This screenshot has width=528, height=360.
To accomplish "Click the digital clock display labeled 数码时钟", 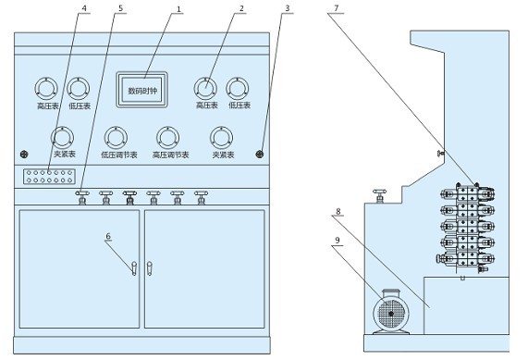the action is coord(141,90).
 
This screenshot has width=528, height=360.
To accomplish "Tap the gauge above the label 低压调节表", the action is coord(116,138).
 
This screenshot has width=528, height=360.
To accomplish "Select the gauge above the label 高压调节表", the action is coord(167,138).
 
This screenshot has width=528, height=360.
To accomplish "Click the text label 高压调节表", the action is coord(171,155).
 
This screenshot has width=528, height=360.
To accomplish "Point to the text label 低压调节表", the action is coord(119,155).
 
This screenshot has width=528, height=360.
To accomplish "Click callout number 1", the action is coord(178,9).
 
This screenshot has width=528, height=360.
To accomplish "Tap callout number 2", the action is coord(241,8).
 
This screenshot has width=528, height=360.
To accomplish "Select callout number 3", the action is coord(288,8).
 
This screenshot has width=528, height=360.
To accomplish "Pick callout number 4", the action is coord(84,8).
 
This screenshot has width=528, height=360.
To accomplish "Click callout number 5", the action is coord(121,8).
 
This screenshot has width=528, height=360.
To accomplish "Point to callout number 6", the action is coord(108,236).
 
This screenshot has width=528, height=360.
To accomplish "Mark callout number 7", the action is coord(336,8).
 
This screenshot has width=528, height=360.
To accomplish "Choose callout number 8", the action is coord(338,211).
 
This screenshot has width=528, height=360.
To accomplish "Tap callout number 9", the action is coord(338,241).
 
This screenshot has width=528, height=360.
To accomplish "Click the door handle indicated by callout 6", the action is coord(134,268).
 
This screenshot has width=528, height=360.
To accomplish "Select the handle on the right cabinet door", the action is coord(150,268).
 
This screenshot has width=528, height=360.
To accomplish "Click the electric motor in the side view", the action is coord(391,312).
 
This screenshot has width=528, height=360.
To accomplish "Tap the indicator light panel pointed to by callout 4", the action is coord(49,177).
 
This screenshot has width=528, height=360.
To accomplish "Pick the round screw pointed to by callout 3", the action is coord(259,155).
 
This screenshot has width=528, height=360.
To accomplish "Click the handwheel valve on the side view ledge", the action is coord(380,196).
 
